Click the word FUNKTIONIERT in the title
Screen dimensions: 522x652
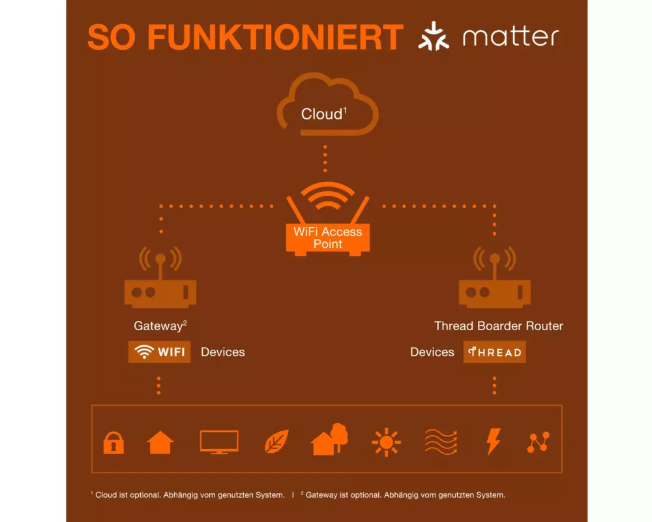(x=276, y=37)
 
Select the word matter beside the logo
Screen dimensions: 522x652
(x=511, y=37)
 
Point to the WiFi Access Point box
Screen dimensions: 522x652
(x=328, y=238)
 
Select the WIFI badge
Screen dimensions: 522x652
(x=160, y=352)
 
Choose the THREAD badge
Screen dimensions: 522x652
(x=495, y=352)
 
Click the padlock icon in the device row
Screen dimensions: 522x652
(x=113, y=443)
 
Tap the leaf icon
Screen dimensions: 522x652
(x=276, y=442)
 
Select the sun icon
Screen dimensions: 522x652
(x=386, y=442)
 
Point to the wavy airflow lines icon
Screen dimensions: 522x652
(x=441, y=442)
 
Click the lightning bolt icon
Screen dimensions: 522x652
(x=494, y=442)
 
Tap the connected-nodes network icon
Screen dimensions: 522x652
(x=539, y=442)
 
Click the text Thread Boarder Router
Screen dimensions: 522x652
(x=499, y=326)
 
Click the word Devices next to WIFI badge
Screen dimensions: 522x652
(x=223, y=352)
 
